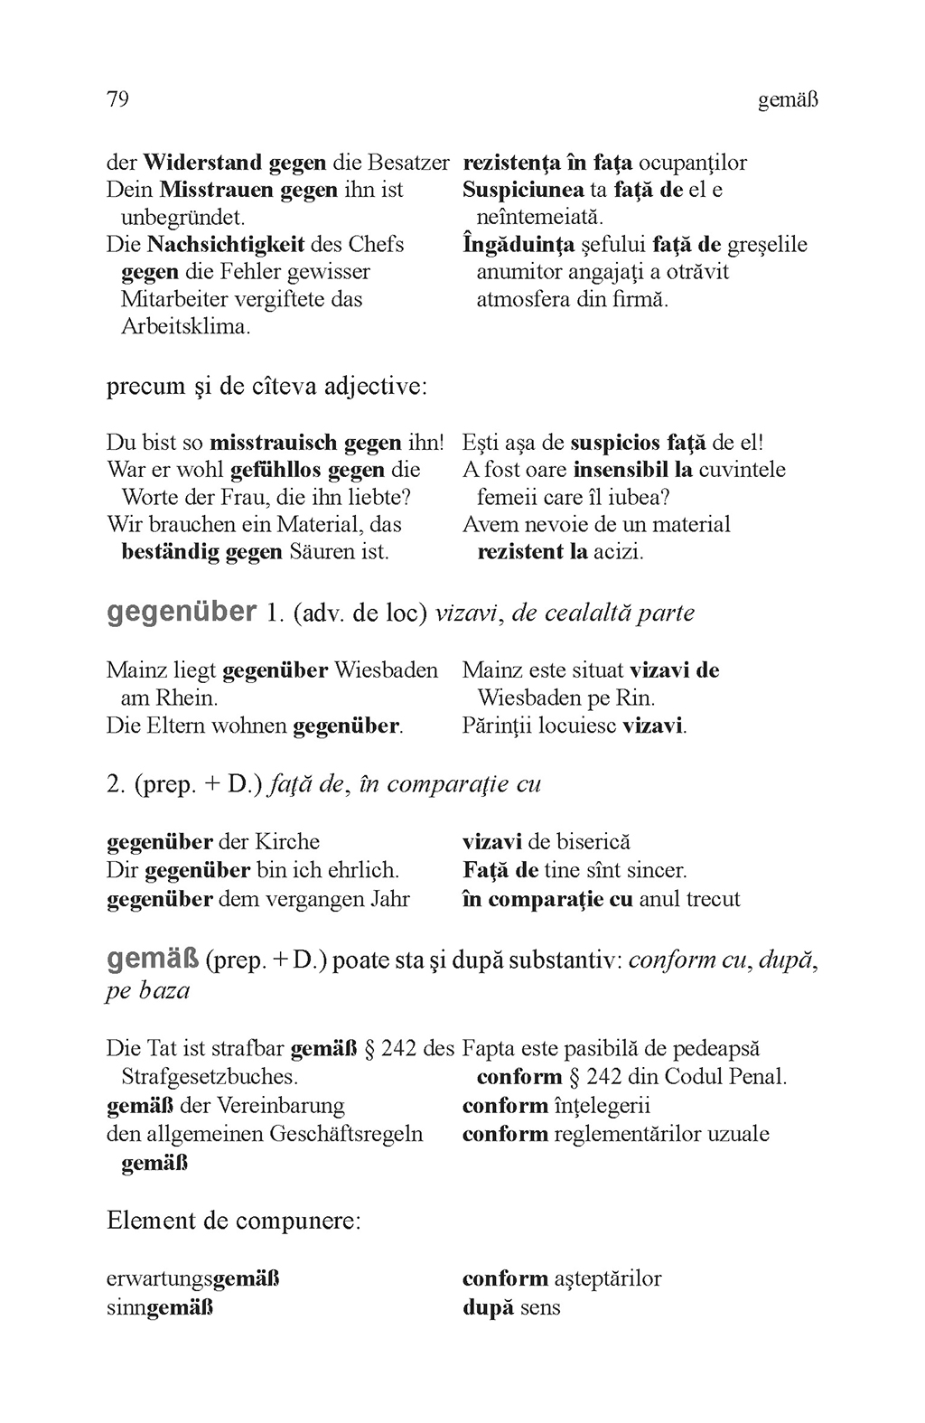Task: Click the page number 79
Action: [x=118, y=98]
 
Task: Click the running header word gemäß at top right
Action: [x=788, y=100]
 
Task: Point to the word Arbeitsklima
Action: [x=185, y=326]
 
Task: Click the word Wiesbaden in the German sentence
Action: [x=386, y=670]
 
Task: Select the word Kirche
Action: [x=288, y=842]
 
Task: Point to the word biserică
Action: [x=593, y=842]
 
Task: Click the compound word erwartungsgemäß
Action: [x=192, y=1279]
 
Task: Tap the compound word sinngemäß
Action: [x=160, y=1307]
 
